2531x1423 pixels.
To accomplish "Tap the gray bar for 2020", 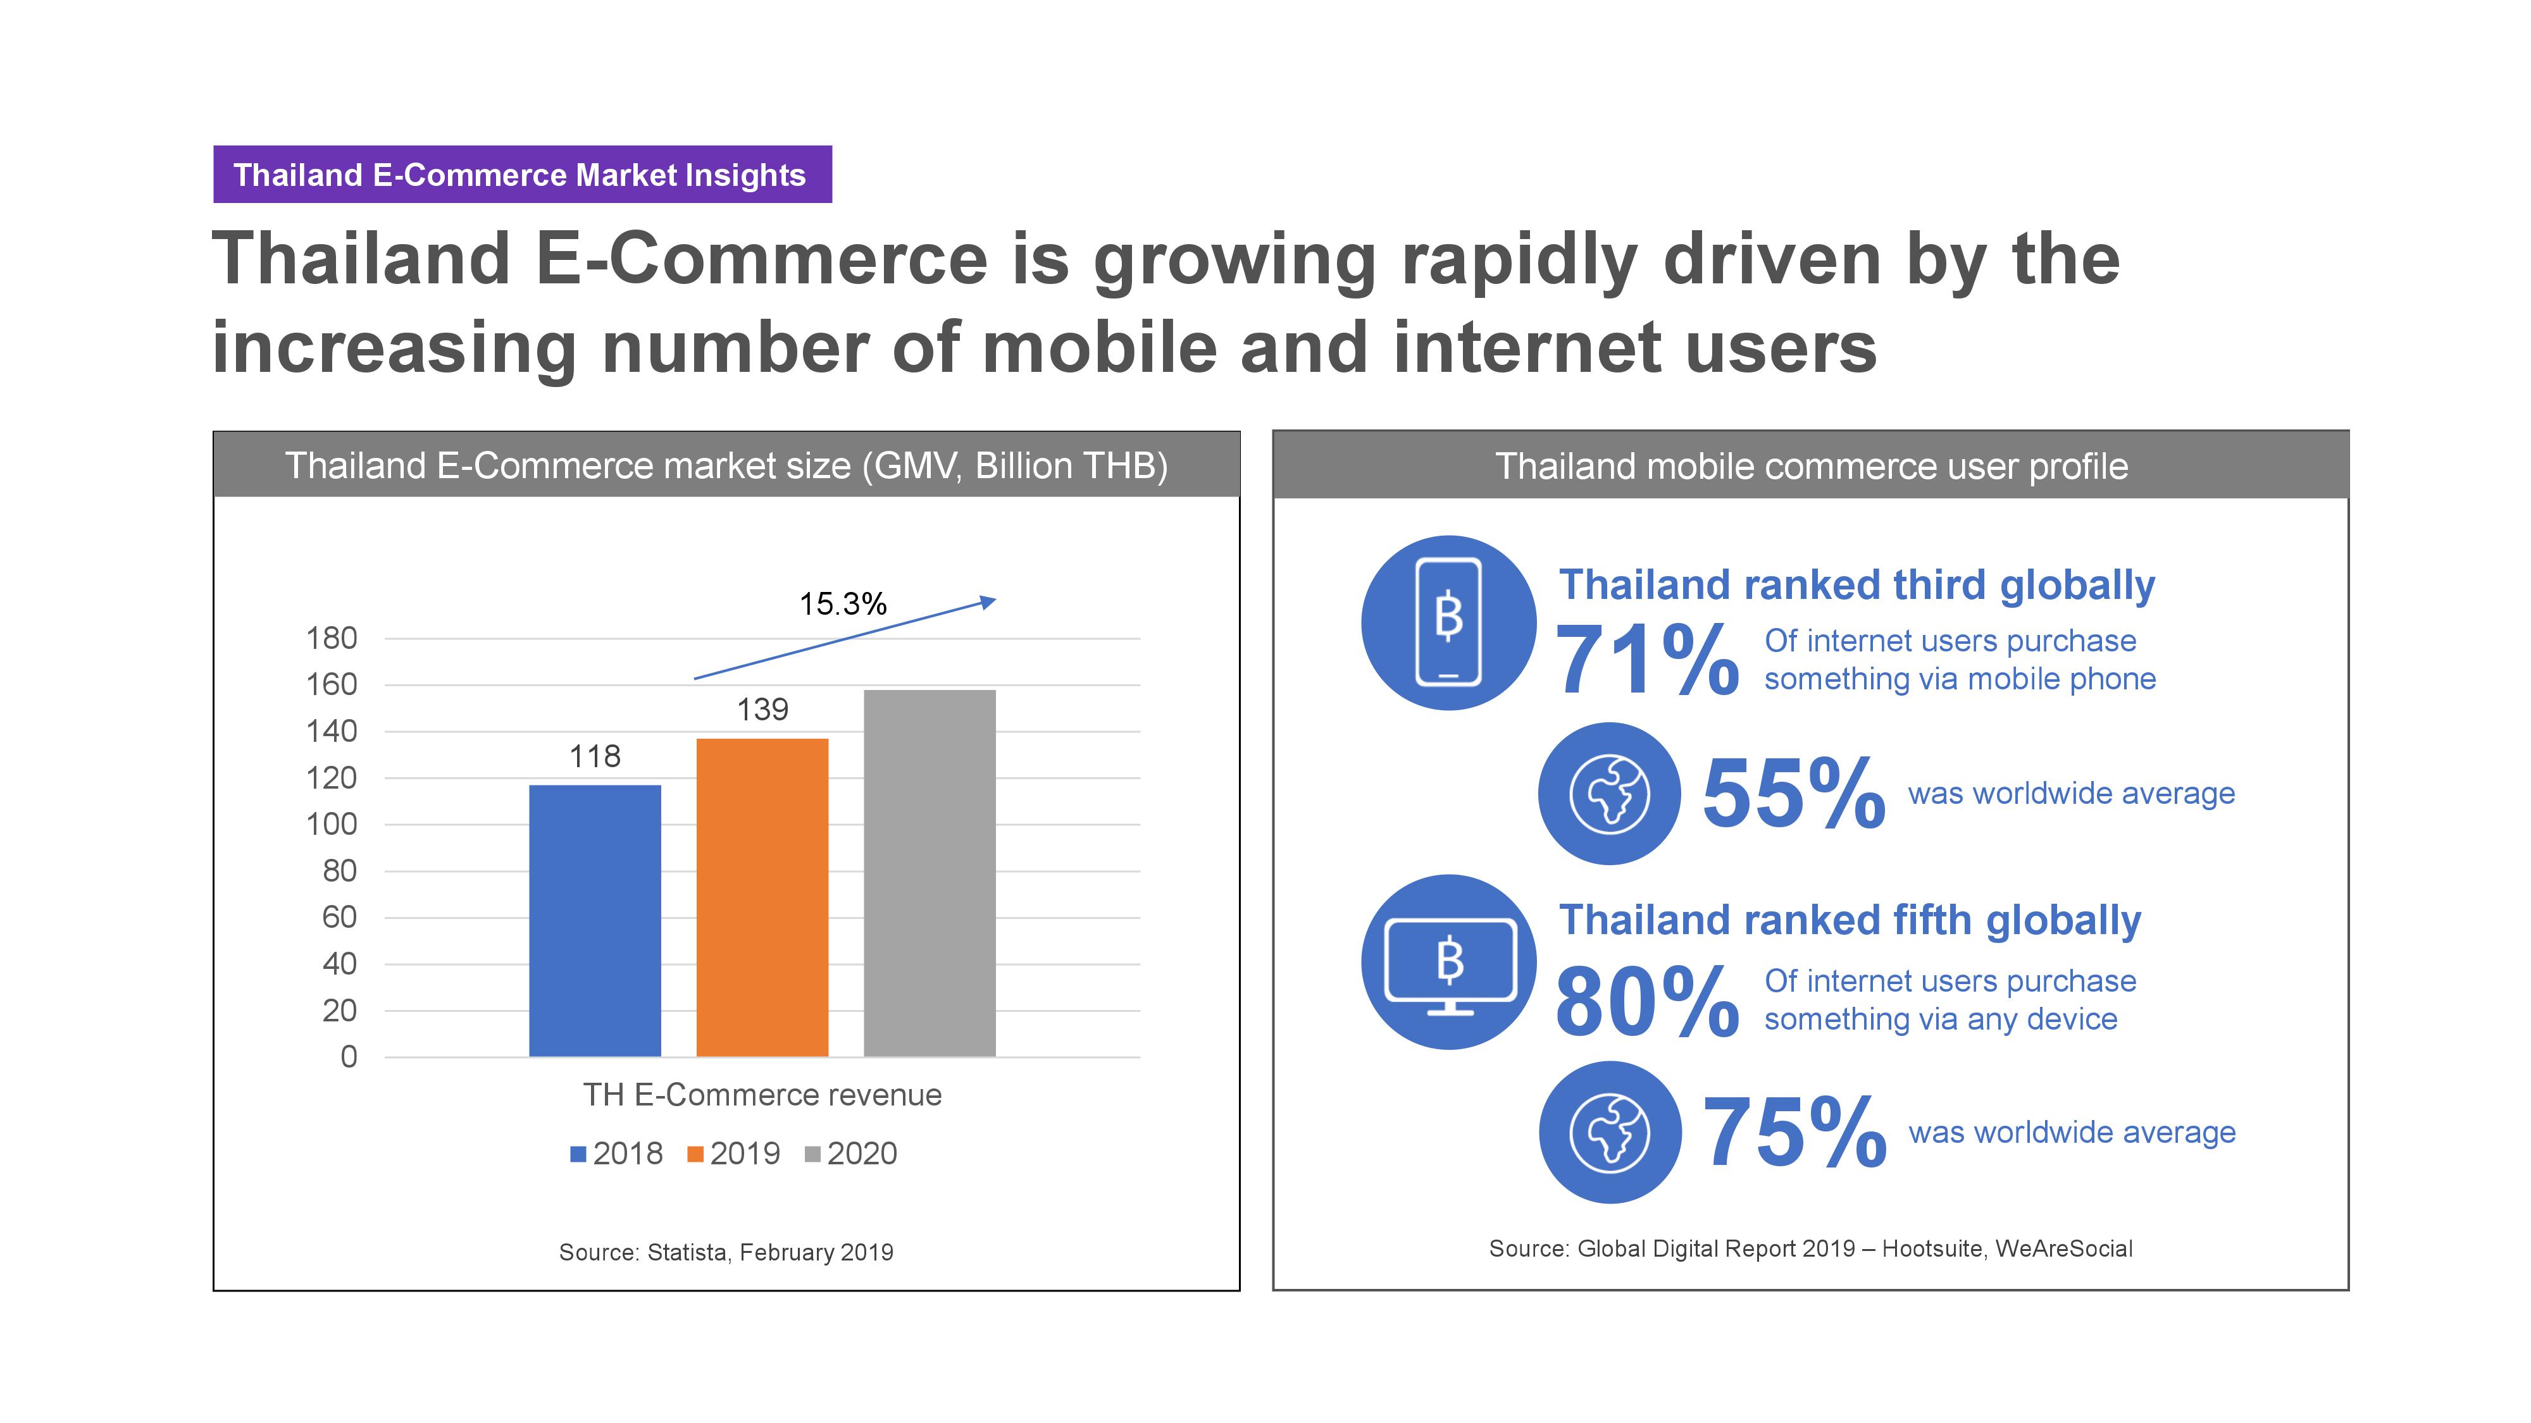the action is pyautogui.click(x=930, y=873).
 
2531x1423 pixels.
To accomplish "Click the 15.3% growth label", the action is pyautogui.click(x=843, y=603).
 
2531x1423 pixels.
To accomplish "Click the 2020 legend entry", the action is pyautogui.click(x=851, y=1153).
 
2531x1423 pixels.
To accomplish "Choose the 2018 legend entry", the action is pyautogui.click(x=617, y=1153).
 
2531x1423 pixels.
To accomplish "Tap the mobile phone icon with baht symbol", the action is pyautogui.click(x=1448, y=622).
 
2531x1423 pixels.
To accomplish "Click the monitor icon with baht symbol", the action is pyautogui.click(x=1449, y=963).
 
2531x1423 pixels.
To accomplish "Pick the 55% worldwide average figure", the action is pyautogui.click(x=1794, y=794).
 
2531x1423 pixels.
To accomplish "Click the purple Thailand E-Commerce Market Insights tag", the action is pyautogui.click(x=523, y=175).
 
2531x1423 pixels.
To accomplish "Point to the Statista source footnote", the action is pyautogui.click(x=726, y=1252).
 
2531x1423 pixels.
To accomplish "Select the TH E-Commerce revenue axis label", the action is pyautogui.click(x=762, y=1095).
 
